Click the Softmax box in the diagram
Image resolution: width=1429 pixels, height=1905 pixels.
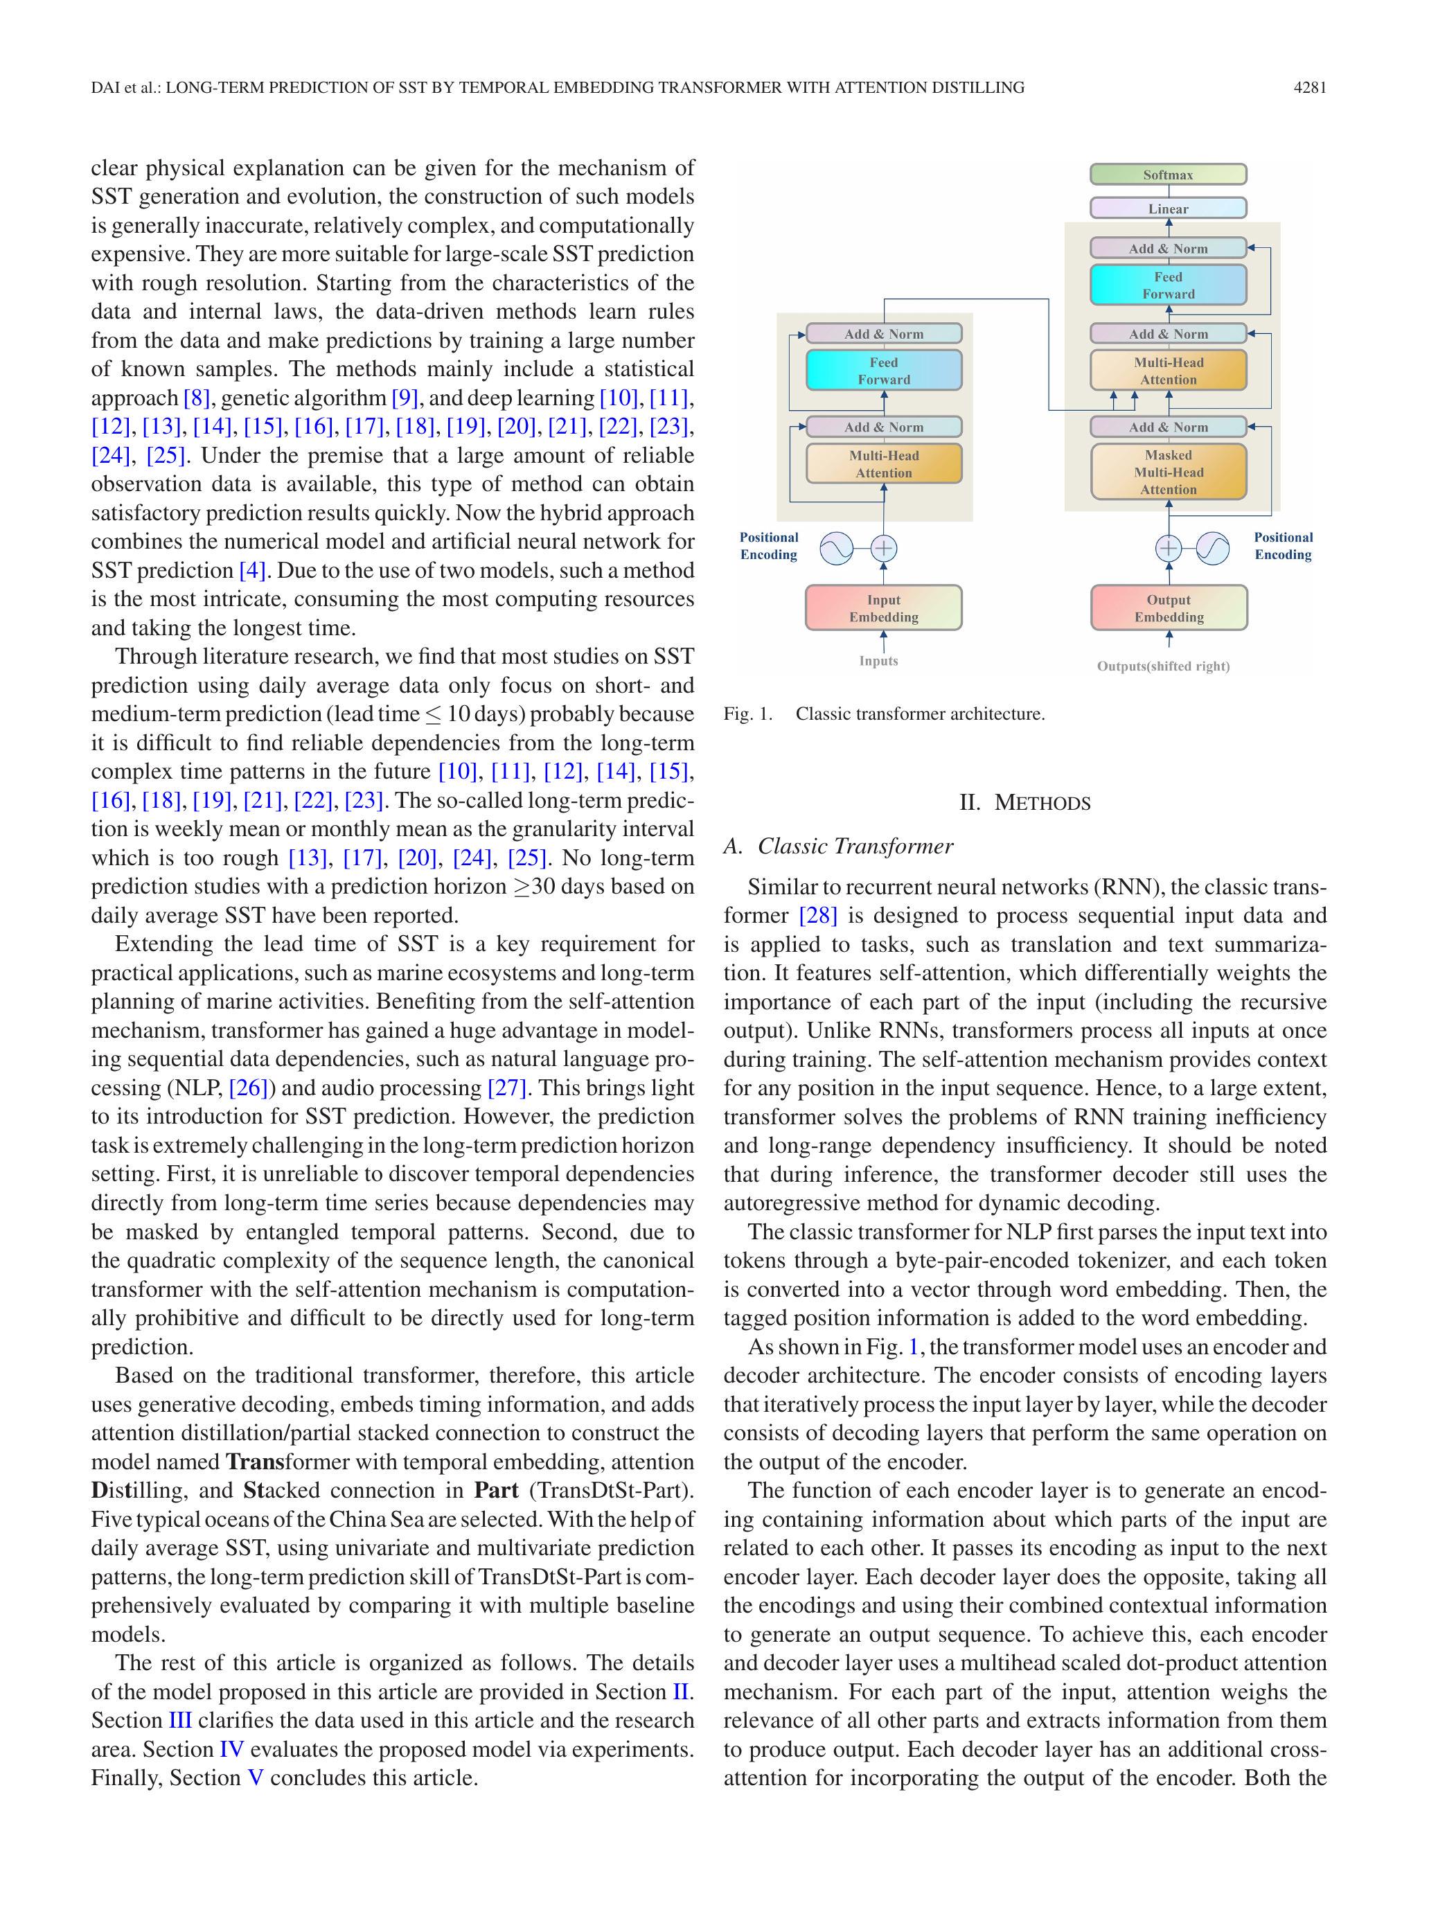point(1167,175)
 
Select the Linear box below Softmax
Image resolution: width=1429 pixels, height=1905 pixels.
point(1167,209)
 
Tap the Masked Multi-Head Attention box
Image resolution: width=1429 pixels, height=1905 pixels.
point(1167,472)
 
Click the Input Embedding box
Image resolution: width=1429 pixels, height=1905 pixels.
point(883,608)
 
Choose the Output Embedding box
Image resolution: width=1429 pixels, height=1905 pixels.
point(1167,608)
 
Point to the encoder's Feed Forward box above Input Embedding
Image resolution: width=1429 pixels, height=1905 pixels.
point(883,371)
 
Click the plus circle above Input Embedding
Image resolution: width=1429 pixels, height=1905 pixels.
point(884,548)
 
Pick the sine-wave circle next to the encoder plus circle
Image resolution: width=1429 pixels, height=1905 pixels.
point(835,548)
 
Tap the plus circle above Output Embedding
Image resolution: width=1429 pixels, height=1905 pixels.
point(1168,548)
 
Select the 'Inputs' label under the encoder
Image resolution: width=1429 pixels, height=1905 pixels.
point(878,661)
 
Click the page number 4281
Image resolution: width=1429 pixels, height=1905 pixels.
point(1309,87)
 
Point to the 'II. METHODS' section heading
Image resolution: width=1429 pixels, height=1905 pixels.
point(1024,803)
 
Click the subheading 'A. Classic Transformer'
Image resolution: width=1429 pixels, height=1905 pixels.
point(838,846)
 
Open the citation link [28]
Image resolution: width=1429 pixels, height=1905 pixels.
point(817,916)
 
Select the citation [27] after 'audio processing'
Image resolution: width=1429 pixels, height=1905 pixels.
point(506,1088)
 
